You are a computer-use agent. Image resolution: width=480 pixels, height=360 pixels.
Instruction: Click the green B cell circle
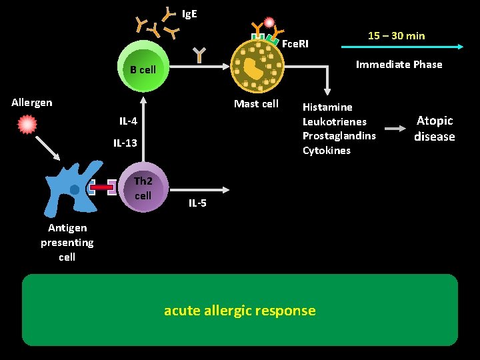click(x=143, y=69)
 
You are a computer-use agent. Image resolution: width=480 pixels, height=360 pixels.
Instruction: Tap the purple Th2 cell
click(x=143, y=188)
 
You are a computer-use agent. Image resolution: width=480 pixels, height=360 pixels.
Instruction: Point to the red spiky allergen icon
click(x=27, y=124)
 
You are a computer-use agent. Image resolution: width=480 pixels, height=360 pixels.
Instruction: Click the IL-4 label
click(x=128, y=121)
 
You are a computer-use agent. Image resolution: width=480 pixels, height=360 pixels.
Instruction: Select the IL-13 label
click(x=125, y=143)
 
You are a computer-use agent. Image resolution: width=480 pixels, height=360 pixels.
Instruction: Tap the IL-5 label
click(x=197, y=203)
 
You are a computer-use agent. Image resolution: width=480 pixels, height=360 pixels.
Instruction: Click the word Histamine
click(x=327, y=107)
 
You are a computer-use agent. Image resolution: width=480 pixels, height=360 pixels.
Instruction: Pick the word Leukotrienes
click(x=334, y=121)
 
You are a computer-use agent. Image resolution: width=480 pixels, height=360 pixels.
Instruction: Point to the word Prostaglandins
click(x=339, y=136)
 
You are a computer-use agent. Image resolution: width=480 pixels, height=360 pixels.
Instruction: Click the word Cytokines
click(x=326, y=151)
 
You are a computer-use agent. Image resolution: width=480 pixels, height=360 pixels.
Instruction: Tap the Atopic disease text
click(x=435, y=129)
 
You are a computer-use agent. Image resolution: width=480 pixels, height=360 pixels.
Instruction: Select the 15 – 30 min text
click(x=396, y=35)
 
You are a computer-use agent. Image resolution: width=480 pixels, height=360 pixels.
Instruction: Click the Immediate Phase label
click(x=399, y=65)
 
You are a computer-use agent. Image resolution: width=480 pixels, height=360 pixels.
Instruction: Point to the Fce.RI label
click(x=295, y=44)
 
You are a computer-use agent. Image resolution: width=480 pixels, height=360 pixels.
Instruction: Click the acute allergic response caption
click(x=240, y=310)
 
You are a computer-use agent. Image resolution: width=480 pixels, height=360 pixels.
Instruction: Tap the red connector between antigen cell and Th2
click(x=102, y=187)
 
